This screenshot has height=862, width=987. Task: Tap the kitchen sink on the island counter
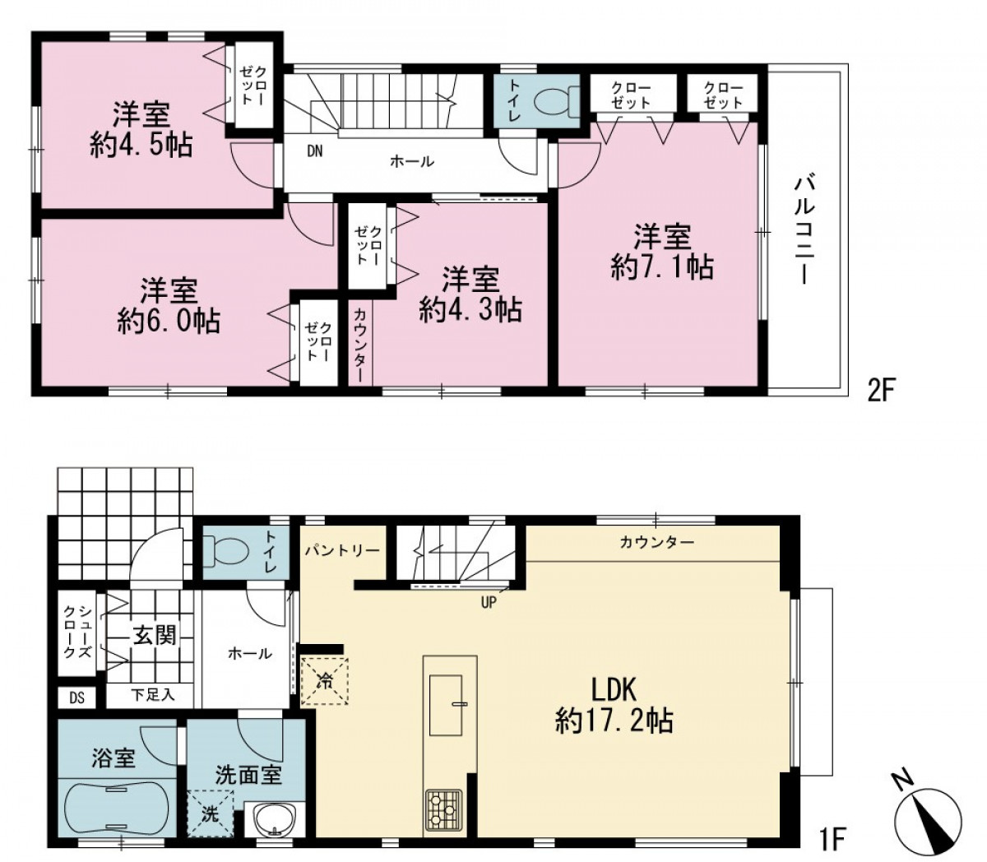pyautogui.click(x=447, y=705)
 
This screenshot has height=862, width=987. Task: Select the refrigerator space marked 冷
pyautogui.click(x=324, y=680)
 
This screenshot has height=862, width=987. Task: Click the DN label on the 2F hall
pyautogui.click(x=315, y=151)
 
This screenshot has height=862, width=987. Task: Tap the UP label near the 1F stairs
pyautogui.click(x=489, y=602)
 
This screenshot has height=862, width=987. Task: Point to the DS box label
pyautogui.click(x=76, y=697)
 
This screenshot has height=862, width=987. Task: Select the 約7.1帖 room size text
pyautogui.click(x=662, y=266)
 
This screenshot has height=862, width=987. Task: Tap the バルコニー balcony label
pyautogui.click(x=804, y=230)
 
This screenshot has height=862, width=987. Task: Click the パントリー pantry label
pyautogui.click(x=342, y=550)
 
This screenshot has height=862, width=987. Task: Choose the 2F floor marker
pyautogui.click(x=881, y=391)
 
